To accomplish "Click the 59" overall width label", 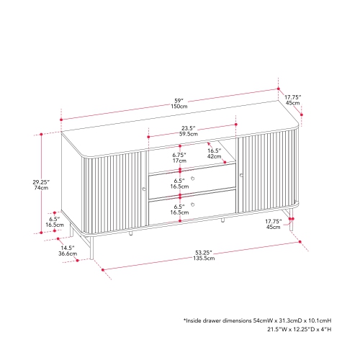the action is point(179,101).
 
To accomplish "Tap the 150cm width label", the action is point(179,107).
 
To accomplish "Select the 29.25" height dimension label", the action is point(41,182).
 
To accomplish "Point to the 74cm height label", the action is point(41,188).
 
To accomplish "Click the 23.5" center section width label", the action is point(189,128).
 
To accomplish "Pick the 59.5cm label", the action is point(189,134).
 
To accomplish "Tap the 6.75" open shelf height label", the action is point(179,155).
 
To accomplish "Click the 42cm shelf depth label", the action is point(214,156).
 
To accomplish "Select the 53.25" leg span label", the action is point(204,253).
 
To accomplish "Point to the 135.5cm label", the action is point(204,258).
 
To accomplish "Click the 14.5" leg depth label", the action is point(68,248).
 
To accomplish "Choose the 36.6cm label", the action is point(68,253).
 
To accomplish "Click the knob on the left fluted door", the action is point(144,189).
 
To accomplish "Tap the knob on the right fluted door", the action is point(241,176).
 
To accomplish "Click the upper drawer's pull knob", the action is point(192,179).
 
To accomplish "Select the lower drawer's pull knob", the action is point(192,204).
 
